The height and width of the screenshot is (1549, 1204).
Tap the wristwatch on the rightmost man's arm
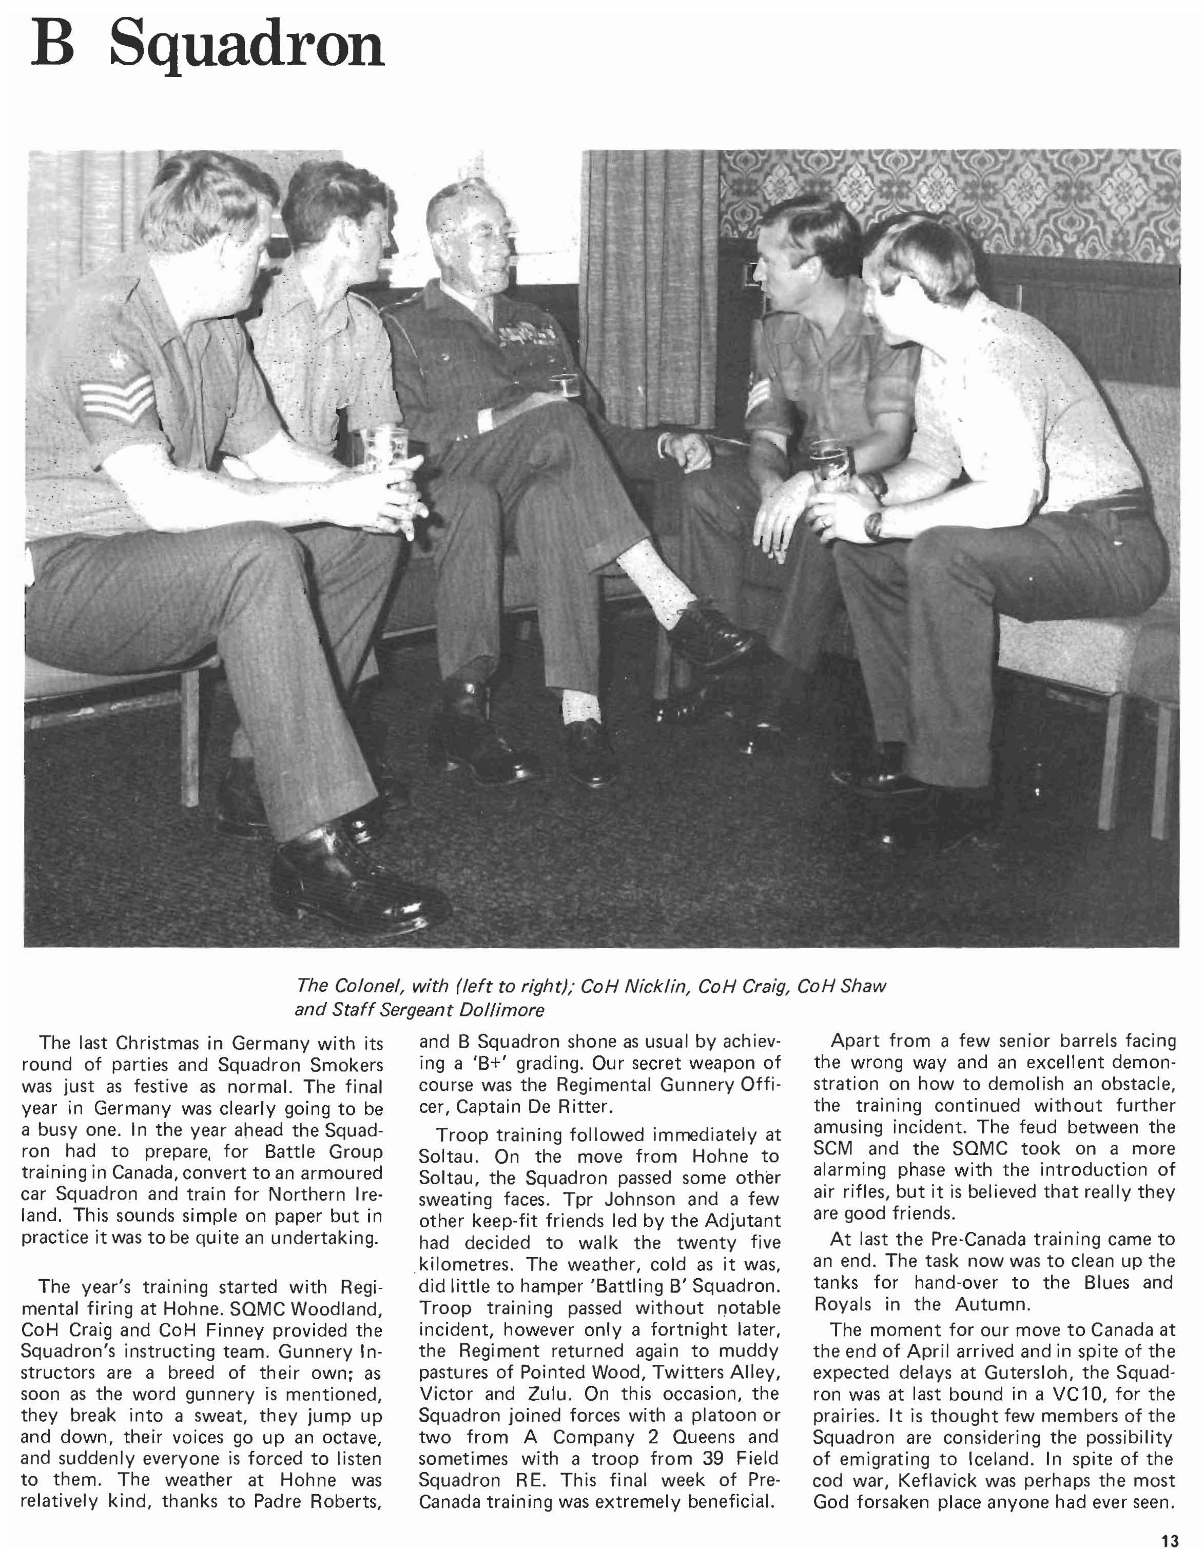tap(876, 524)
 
